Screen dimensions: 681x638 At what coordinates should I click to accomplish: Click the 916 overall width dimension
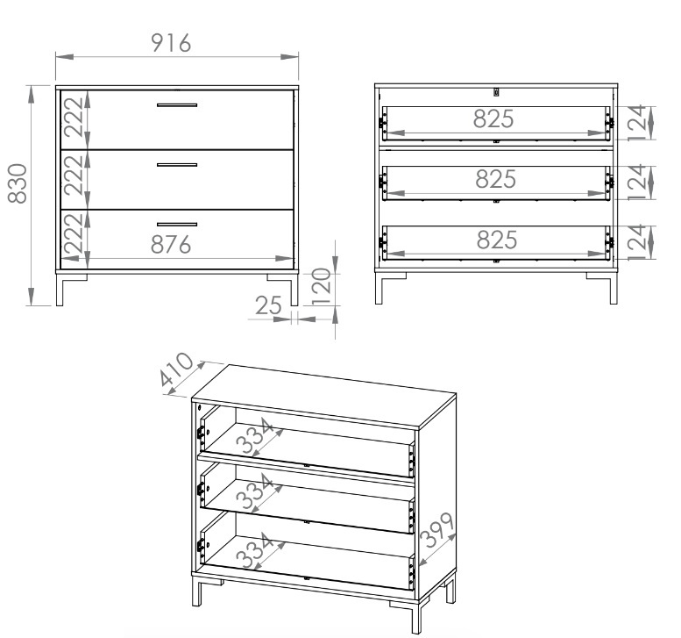[x=171, y=43]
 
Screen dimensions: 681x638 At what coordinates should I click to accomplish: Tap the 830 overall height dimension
[x=18, y=183]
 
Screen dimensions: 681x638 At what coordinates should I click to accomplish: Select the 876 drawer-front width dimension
[x=171, y=245]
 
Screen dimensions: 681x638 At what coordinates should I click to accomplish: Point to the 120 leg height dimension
[x=322, y=287]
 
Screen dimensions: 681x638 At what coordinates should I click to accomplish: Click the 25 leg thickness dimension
[x=268, y=305]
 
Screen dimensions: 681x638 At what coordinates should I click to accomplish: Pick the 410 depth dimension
[x=176, y=369]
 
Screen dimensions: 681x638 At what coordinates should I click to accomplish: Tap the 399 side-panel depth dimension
[x=438, y=529]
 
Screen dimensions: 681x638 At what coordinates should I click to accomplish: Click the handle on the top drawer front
[x=177, y=104]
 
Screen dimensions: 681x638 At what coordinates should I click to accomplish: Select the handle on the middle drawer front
[x=177, y=165]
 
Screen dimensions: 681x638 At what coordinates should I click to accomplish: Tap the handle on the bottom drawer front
[x=177, y=225]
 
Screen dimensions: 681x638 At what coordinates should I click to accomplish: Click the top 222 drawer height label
[x=73, y=117]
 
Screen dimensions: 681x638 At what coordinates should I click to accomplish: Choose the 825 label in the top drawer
[x=493, y=118]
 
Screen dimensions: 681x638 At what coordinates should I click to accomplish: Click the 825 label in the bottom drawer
[x=497, y=240]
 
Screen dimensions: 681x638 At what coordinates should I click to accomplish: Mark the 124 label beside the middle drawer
[x=637, y=183]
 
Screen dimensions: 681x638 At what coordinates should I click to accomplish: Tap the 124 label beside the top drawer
[x=637, y=123]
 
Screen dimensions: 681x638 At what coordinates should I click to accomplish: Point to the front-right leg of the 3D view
[x=415, y=616]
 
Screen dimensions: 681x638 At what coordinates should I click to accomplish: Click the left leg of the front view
[x=60, y=290]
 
